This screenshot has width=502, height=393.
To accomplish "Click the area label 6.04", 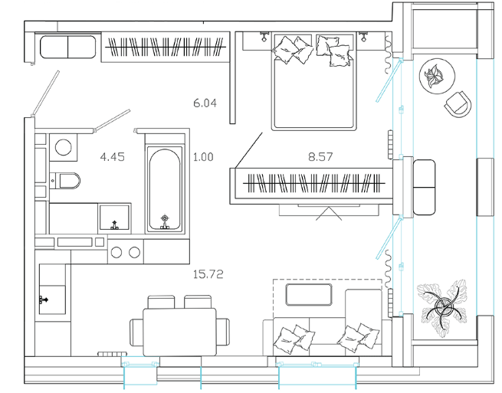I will point(205,100).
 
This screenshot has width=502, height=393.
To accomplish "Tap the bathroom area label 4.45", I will point(112,158).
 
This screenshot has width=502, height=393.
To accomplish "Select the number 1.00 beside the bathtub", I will point(203,158).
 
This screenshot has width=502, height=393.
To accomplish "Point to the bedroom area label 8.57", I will point(321,158).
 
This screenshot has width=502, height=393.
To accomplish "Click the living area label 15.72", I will point(207,273).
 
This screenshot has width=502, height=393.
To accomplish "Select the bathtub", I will point(165,188).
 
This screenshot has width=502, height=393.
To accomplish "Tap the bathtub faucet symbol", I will point(164,221).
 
